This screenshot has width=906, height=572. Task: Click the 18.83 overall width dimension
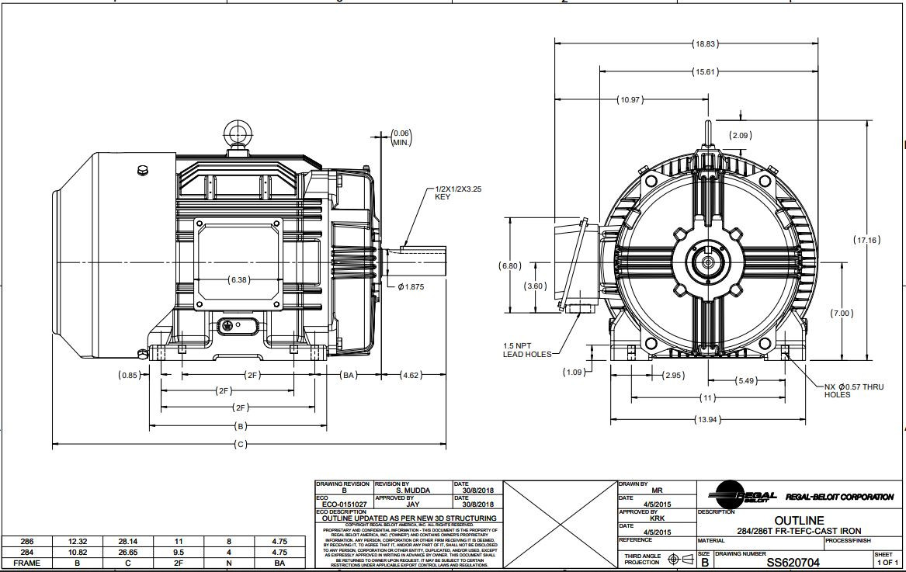(x=704, y=44)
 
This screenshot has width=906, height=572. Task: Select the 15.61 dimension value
(x=704, y=72)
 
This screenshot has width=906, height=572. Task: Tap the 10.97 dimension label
(x=630, y=100)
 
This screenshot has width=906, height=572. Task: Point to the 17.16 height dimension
(x=867, y=240)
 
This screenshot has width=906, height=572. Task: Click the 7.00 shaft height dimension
(x=842, y=314)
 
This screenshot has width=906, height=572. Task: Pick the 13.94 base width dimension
(x=704, y=420)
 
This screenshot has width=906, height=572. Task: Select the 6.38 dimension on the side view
(x=239, y=279)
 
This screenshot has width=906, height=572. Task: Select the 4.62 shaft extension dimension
(x=412, y=376)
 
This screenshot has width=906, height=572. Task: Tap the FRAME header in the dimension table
(x=26, y=564)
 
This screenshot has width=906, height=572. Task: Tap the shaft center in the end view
(x=706, y=262)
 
